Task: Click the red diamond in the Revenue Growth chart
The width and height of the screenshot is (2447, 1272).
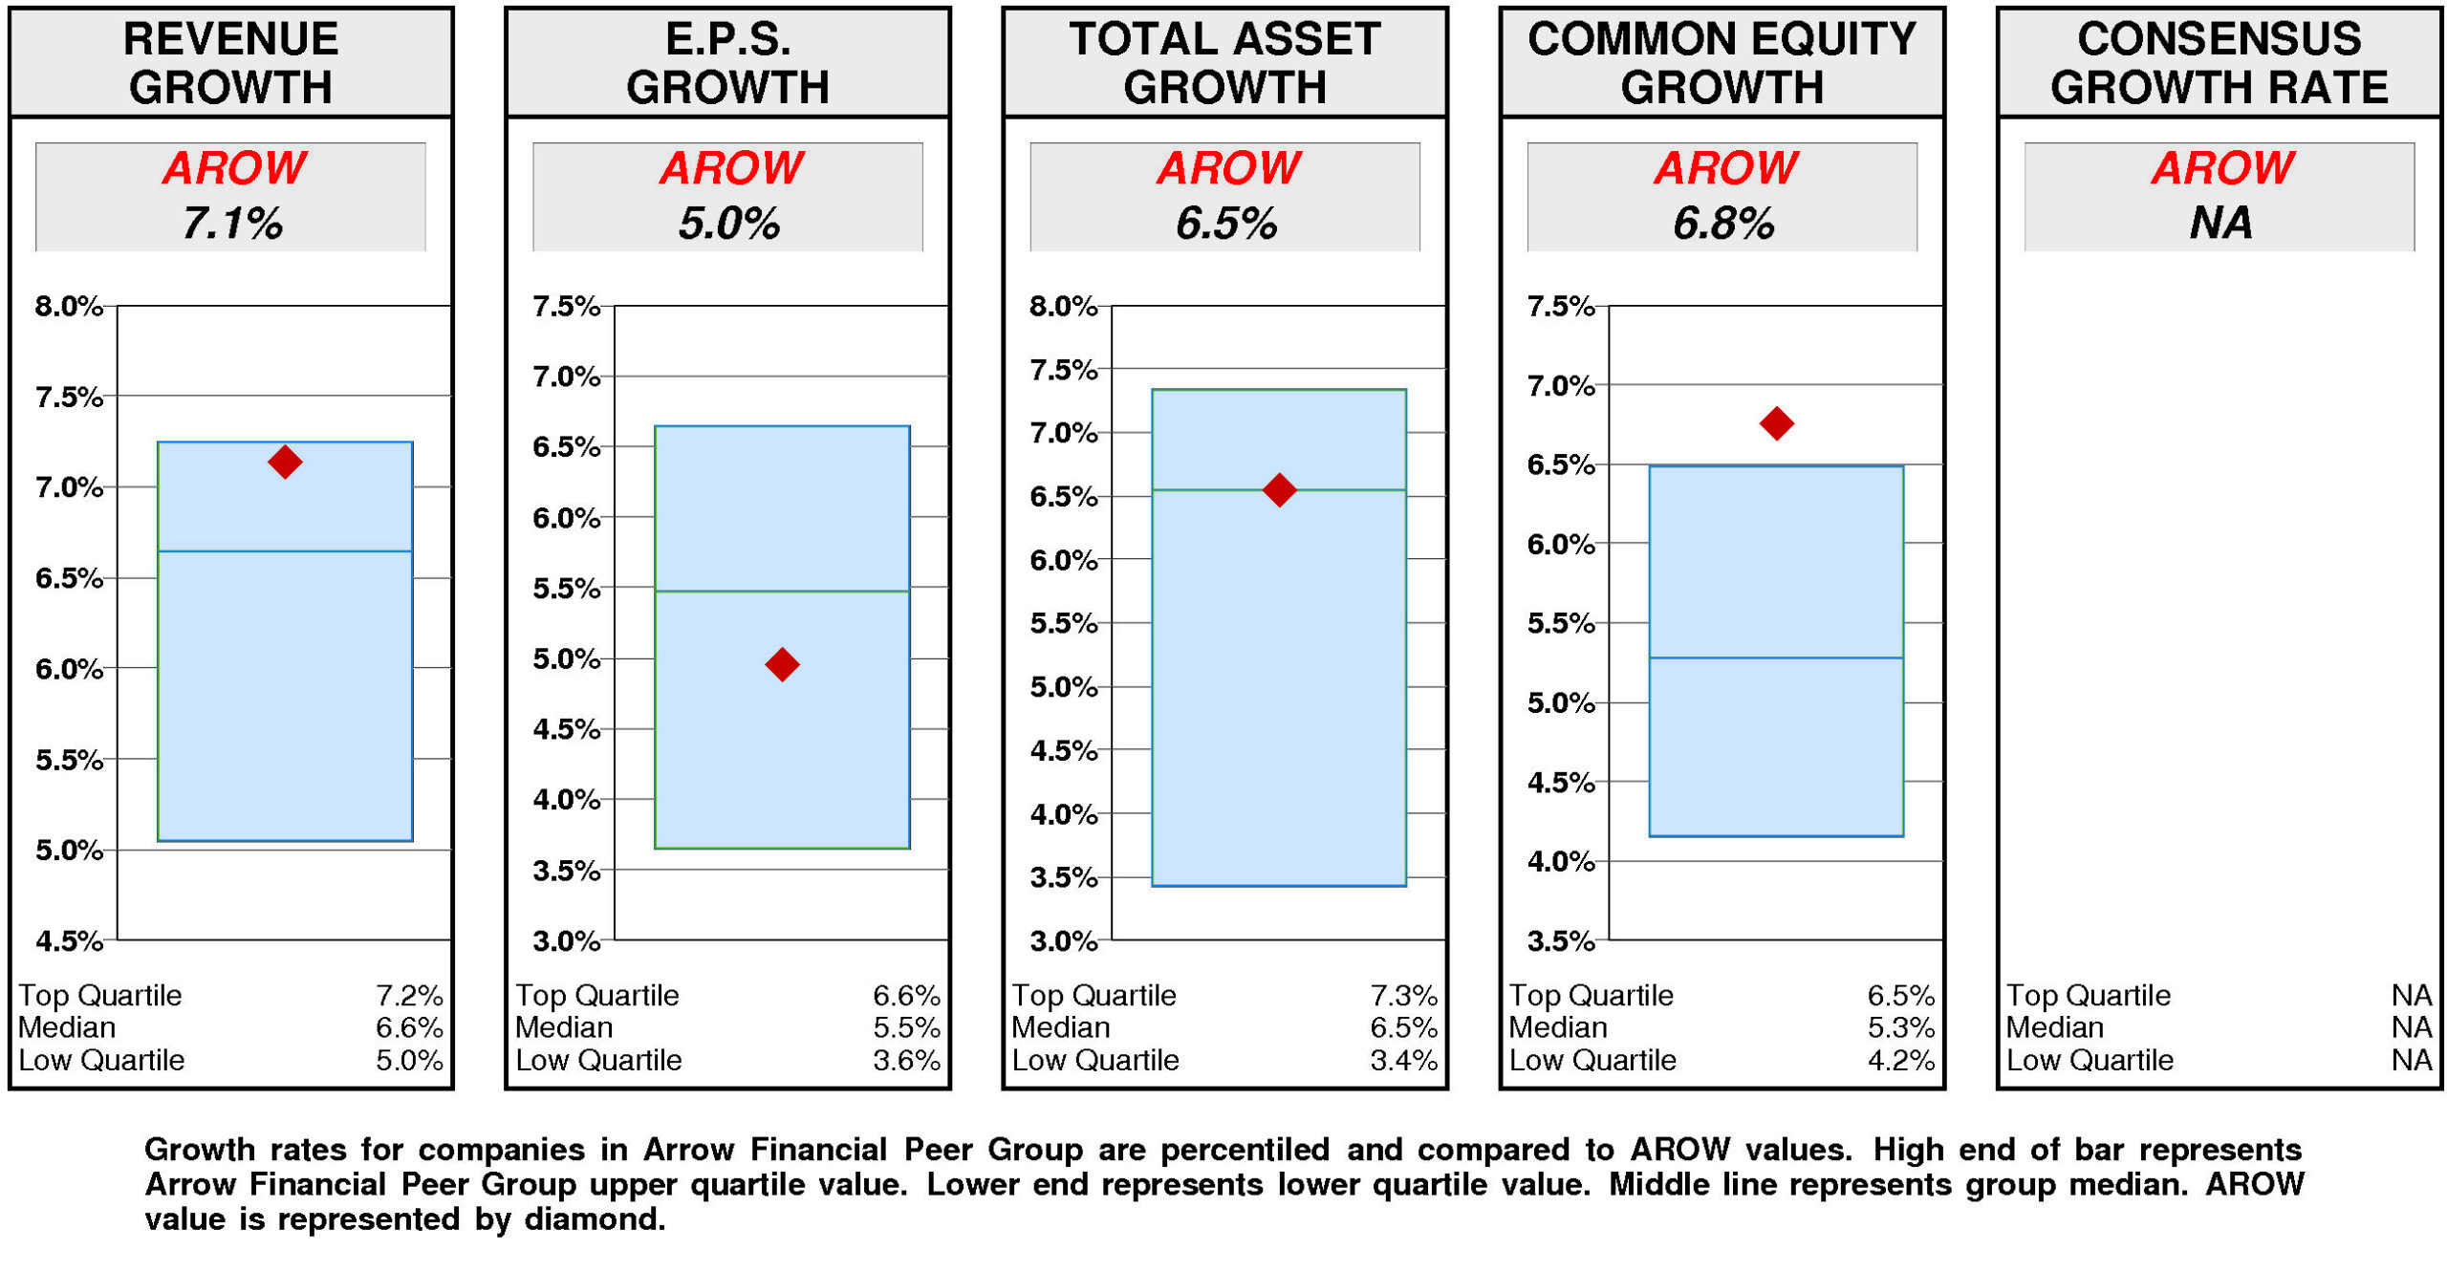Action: pos(284,462)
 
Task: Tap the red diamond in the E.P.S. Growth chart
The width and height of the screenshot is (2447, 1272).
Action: pos(781,663)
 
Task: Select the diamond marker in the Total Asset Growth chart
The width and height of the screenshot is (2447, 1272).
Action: pos(1278,489)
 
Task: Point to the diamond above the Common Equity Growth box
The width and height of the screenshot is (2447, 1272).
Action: pos(1775,422)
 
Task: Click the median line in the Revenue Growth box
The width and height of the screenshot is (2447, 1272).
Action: pos(284,550)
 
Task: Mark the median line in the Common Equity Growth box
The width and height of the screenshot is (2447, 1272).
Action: pos(1775,657)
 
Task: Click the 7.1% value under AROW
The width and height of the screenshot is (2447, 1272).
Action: pos(231,223)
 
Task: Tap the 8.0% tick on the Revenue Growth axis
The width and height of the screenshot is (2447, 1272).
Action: pos(68,306)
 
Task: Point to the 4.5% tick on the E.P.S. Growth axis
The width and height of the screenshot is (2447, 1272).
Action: pos(566,728)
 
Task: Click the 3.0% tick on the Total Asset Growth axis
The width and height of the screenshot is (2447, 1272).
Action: pos(1062,940)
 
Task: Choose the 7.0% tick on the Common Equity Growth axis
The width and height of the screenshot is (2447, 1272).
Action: pos(1559,385)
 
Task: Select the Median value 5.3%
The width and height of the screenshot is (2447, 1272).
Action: pos(1899,1027)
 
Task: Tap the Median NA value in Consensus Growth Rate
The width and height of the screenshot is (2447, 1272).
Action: pos(2410,1027)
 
